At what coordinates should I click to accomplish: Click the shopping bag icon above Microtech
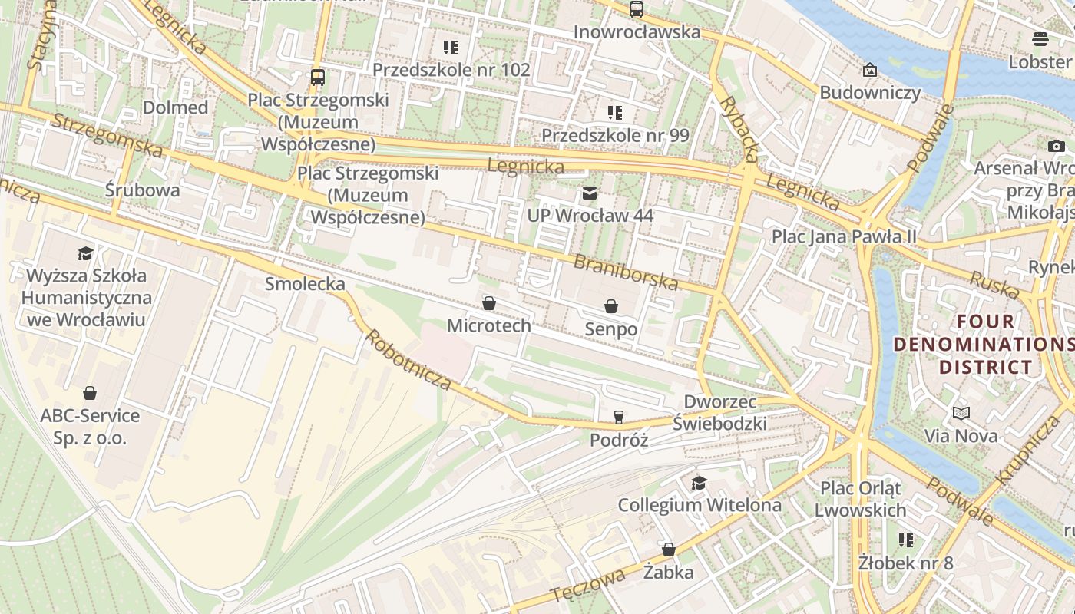[489, 303]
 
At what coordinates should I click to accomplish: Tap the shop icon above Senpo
[611, 307]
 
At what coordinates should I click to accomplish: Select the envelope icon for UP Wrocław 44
[589, 193]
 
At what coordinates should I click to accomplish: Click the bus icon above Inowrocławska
[636, 9]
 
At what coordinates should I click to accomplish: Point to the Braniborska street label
[626, 272]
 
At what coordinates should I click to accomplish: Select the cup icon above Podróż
[619, 418]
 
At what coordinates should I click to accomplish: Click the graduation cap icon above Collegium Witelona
[699, 483]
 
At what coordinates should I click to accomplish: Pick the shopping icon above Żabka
[668, 550]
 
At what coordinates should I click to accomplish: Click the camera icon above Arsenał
[1056, 146]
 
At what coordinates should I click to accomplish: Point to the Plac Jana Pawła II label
[844, 236]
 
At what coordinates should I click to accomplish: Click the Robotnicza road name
[407, 360]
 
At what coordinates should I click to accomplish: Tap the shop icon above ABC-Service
[90, 393]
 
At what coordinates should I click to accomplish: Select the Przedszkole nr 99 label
[615, 135]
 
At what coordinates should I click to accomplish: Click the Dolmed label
[175, 107]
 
